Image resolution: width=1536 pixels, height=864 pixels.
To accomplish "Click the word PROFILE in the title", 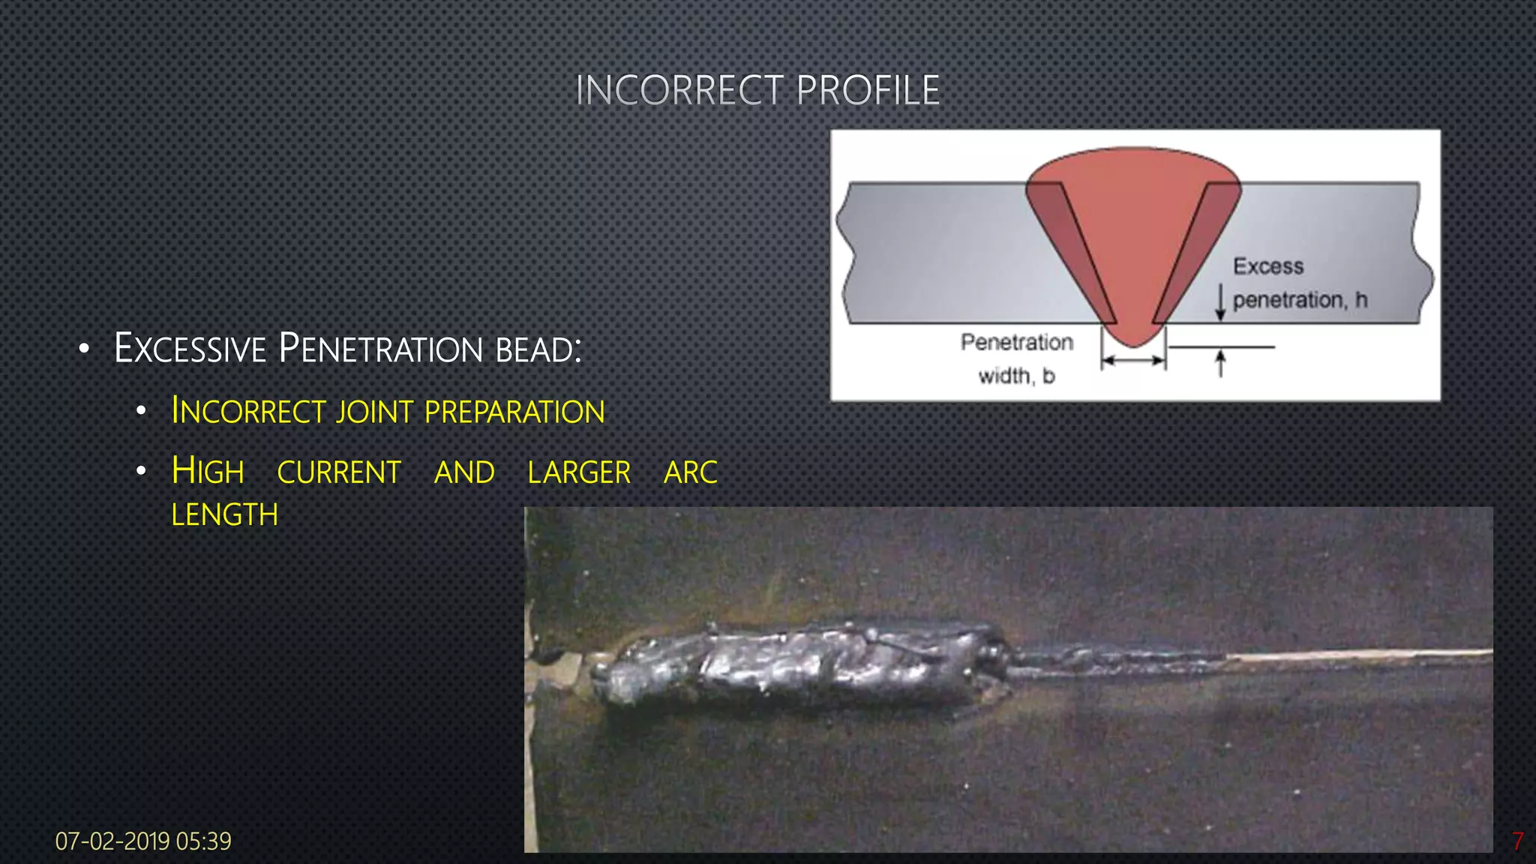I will (868, 91).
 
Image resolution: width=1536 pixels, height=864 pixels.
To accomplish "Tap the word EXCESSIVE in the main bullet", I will (190, 349).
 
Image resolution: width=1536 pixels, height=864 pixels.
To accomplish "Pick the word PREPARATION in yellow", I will (514, 412).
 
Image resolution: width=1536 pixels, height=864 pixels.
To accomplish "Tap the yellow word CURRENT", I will (339, 472).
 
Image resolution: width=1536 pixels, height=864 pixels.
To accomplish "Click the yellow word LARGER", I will (579, 472).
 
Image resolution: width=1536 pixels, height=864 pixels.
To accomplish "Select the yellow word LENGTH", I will (224, 515).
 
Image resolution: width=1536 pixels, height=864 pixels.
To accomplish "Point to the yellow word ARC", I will (691, 472).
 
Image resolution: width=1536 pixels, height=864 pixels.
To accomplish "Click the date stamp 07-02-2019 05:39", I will (143, 841).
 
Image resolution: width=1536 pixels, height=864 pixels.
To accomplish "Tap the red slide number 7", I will (1517, 841).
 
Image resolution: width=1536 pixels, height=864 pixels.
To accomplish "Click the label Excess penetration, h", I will (1299, 283).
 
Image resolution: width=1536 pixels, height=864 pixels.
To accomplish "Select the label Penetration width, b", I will (1017, 358).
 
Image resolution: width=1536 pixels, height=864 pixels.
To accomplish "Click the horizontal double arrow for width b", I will (1133, 361).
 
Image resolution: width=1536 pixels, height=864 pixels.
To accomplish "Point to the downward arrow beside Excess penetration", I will (1220, 301).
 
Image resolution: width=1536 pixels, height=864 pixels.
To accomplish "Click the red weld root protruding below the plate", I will (1133, 334).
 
